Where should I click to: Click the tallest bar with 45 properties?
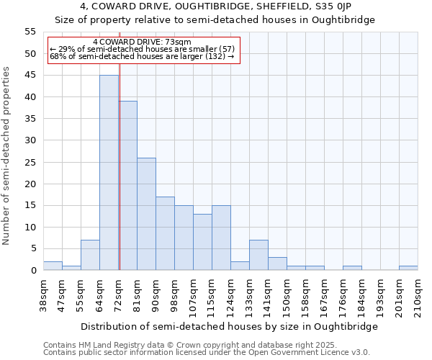tap(109, 173)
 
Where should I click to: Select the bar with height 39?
tap(127, 186)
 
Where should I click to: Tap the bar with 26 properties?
tap(146, 214)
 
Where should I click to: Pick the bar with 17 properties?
tap(165, 233)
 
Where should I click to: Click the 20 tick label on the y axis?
tap(30, 184)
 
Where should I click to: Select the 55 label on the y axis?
tap(30, 32)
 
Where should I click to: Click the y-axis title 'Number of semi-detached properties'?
tap(7, 156)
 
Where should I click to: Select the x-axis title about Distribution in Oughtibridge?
tap(229, 326)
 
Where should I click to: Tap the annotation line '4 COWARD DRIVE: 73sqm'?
tap(142, 42)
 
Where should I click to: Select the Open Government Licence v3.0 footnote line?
tap(207, 352)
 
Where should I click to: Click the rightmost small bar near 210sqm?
tap(408, 268)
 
